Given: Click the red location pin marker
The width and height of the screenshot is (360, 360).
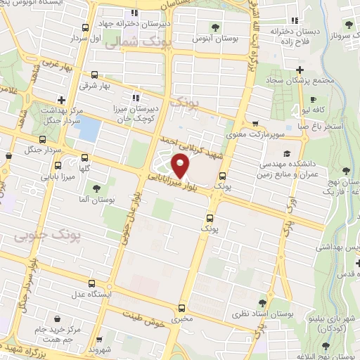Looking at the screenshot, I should click(x=181, y=166).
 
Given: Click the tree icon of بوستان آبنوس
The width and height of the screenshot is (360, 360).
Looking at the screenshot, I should click(x=214, y=27).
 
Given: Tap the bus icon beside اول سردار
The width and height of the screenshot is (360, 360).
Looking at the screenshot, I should click(x=85, y=27).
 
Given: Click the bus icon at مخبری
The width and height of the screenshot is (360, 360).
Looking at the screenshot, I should click(x=182, y=307).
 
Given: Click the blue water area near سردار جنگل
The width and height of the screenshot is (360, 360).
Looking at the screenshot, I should click(x=89, y=129).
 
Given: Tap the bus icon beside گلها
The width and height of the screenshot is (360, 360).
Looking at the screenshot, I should click(x=85, y=158).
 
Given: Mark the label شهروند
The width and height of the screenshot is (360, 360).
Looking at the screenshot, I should click(x=102, y=349).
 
